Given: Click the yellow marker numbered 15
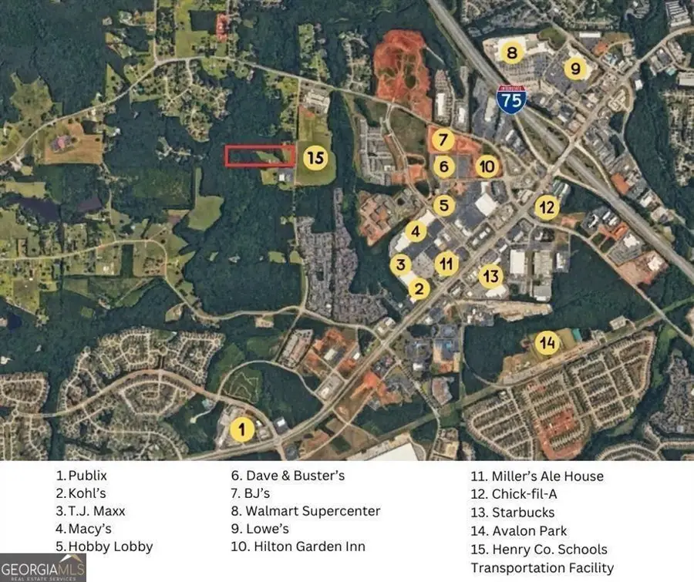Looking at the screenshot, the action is pos(315,159).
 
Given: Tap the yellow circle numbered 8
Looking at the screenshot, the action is pos(511,53).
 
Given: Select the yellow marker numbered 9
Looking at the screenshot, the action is pos(574,69).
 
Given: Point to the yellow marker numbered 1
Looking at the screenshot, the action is pos(243,429).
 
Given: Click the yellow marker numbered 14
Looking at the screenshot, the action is pos(547,343).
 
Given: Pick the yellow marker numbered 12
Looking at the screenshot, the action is pos(547,207).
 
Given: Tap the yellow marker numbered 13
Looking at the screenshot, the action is pos(491,275).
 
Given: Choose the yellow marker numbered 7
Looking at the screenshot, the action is pos(442,140).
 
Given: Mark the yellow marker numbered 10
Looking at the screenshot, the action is pos(486,165).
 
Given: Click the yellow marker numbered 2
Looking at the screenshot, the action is pos(419,289).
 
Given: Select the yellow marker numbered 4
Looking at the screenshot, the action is pos(416,230).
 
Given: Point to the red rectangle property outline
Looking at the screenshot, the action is pos(260,155).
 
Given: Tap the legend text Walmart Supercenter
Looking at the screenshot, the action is pos(305,511).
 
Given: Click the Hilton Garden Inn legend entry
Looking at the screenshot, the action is pos(298,547).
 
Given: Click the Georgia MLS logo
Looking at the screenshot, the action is pos(43,567).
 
